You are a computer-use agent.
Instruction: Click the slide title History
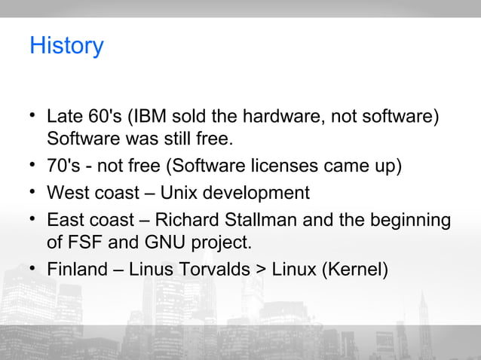[x=66, y=46]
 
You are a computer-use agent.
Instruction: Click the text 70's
[x=63, y=166]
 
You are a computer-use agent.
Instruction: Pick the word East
[x=66, y=221]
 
